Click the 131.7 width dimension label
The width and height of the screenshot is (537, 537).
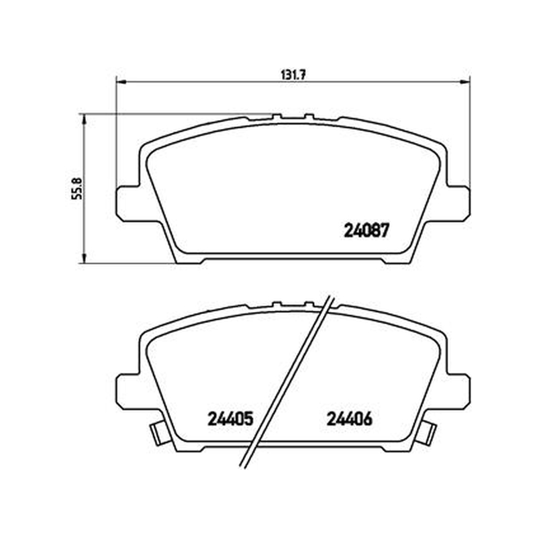(x=293, y=75)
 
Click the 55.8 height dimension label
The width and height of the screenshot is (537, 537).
(x=77, y=189)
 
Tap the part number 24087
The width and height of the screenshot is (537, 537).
(x=366, y=230)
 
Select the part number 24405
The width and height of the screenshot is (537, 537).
(x=230, y=418)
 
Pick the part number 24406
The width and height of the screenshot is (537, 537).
(x=349, y=418)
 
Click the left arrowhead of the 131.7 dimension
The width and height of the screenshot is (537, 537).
(x=121, y=82)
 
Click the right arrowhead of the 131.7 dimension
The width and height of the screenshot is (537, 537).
(x=465, y=82)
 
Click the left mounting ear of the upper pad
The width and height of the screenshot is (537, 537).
(x=128, y=204)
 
